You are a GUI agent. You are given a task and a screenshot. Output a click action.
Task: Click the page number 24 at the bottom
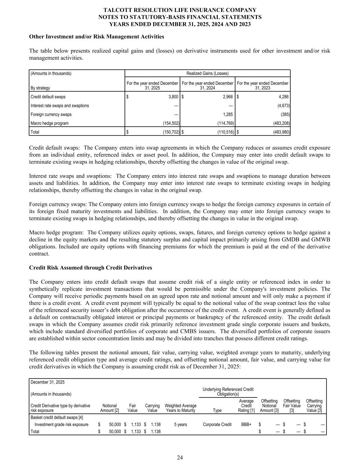tap(180, 458)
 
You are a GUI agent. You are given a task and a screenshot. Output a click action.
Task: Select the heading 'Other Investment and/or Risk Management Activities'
tap(97, 37)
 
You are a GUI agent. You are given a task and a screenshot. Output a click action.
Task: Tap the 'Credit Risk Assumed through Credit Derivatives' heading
tap(90, 268)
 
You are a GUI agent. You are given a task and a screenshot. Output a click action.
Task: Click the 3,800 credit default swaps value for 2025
tap(173, 97)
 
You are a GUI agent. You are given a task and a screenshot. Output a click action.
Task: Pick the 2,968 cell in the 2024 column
tap(227, 97)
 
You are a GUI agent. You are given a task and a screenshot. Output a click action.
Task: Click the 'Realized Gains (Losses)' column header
tap(207, 73)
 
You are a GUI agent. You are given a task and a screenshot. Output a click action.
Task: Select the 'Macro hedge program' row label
tap(49, 123)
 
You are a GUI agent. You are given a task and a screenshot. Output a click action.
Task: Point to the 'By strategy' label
tap(40, 88)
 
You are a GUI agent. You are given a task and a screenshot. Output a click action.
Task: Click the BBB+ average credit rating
tap(246, 425)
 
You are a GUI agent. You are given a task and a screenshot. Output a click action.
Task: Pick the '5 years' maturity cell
tap(180, 425)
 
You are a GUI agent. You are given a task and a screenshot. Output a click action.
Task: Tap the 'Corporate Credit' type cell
tap(217, 425)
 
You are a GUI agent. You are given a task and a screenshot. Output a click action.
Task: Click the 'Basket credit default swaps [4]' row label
tap(57, 417)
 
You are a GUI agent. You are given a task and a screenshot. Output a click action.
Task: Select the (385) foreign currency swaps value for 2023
tap(284, 115)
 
